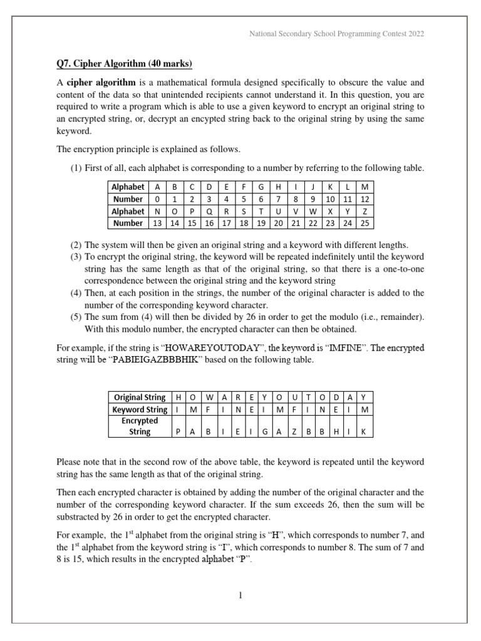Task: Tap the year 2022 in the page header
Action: coord(415,34)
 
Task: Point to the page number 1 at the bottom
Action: coord(240,596)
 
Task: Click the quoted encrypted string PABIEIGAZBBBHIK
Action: coord(137,361)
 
